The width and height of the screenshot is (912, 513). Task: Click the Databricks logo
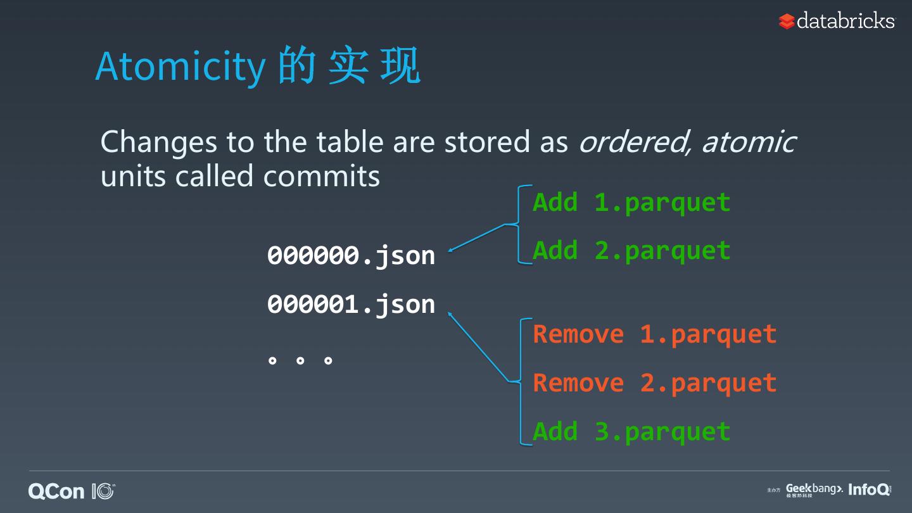point(837,21)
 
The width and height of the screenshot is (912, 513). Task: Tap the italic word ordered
point(630,142)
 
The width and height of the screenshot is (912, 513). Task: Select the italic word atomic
point(748,141)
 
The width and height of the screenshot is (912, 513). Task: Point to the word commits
point(321,176)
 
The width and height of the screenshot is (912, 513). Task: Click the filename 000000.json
point(351,255)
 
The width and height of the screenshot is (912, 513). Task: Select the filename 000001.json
point(351,304)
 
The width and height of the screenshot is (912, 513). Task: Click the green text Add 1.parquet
point(631,203)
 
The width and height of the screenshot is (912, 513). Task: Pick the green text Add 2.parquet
point(631,251)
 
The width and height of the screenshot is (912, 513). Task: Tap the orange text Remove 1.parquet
point(654,334)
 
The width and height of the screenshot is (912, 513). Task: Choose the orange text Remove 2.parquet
point(654,383)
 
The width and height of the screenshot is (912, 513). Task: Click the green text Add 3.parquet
point(631,431)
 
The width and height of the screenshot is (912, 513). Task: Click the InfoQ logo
point(868,490)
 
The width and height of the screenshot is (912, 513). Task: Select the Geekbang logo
point(814,490)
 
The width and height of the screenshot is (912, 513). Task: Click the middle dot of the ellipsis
point(300,361)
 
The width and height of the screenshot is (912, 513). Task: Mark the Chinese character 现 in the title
point(400,66)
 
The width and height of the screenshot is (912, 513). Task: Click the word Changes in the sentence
point(159,142)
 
